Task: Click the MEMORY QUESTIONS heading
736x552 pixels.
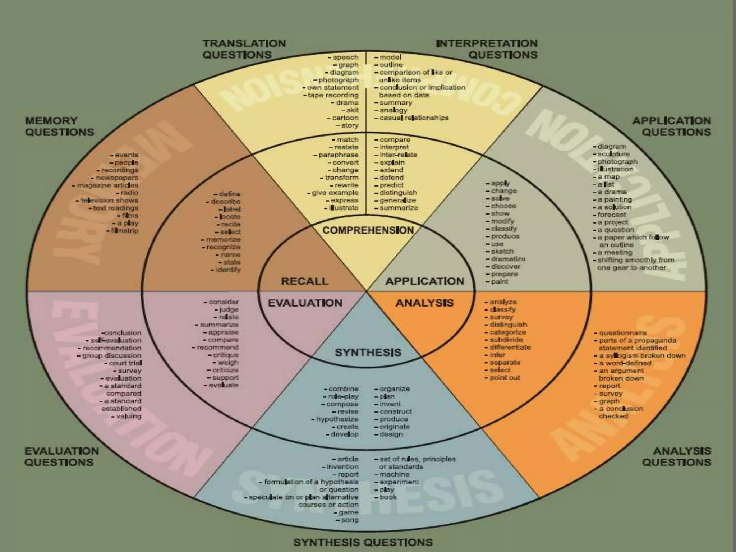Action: pyautogui.click(x=59, y=126)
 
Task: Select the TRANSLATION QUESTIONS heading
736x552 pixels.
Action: pyautogui.click(x=244, y=49)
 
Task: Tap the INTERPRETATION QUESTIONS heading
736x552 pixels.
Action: pyautogui.click(x=487, y=49)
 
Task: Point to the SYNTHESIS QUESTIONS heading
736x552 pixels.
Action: pyautogui.click(x=363, y=542)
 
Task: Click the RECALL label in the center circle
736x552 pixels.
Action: pyautogui.click(x=305, y=281)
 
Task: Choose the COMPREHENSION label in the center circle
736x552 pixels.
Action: pyautogui.click(x=368, y=230)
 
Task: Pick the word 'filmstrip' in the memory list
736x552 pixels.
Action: pyautogui.click(x=125, y=231)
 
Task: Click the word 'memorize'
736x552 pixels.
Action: pyautogui.click(x=223, y=239)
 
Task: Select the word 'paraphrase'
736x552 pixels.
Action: pyautogui.click(x=338, y=155)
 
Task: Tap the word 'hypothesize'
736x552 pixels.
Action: pyautogui.click(x=337, y=419)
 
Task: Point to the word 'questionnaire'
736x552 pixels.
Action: pyautogui.click(x=623, y=333)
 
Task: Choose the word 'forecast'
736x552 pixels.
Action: pyautogui.click(x=612, y=215)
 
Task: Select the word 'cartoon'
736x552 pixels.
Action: pyautogui.click(x=345, y=118)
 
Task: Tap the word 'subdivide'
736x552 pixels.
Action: pyautogui.click(x=506, y=340)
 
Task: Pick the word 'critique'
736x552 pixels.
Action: pyautogui.click(x=225, y=355)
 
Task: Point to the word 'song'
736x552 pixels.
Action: pyautogui.click(x=350, y=520)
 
